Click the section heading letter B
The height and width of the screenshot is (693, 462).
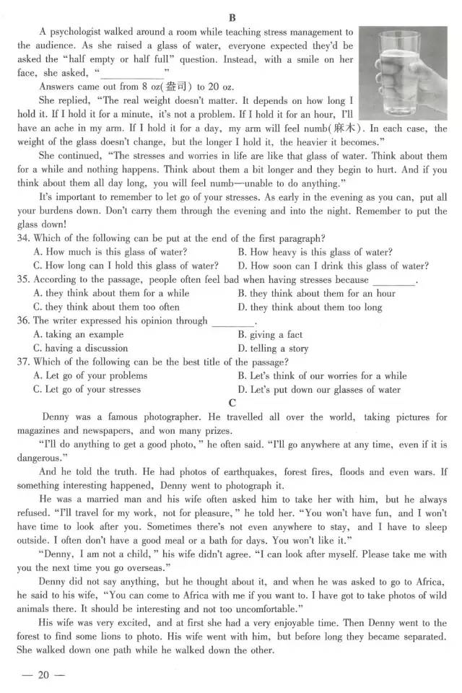point(232,18)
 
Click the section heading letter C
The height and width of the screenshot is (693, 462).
point(232,403)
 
